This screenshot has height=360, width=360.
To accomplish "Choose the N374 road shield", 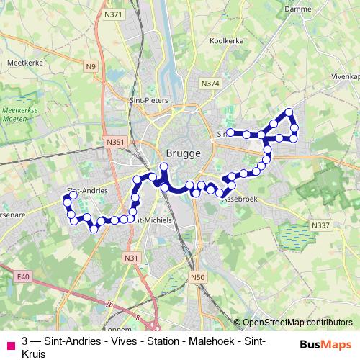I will point(210,84).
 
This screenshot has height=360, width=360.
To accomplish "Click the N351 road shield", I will point(115,143).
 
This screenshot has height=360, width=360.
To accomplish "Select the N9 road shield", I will point(90,67).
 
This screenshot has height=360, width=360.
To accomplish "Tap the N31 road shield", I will point(131,258).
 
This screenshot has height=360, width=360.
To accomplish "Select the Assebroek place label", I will point(238,196).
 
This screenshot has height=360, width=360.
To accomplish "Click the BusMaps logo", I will point(325,343).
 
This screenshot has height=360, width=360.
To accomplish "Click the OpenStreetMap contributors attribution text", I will point(298,322).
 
